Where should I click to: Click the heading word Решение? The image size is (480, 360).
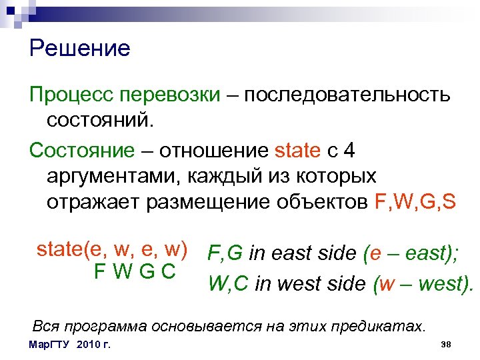click(80, 49)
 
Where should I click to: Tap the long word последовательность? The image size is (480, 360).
click(347, 95)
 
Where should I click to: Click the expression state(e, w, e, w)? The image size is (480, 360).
click(111, 249)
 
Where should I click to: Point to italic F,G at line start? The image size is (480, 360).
click(225, 253)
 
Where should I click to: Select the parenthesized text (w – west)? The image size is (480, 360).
click(423, 284)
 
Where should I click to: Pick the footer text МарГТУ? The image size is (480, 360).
click(51, 345)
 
